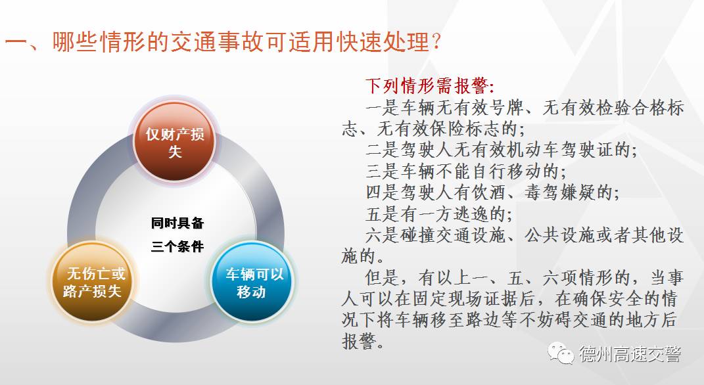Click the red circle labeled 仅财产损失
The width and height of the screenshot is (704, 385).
coord(174,143)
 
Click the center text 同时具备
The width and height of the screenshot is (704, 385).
coord(177,223)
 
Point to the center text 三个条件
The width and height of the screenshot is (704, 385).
coord(177,247)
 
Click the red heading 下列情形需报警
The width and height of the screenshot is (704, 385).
coord(430,86)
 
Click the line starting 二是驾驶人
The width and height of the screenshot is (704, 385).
coord(502,150)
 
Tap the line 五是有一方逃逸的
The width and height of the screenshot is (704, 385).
coord(438,214)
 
